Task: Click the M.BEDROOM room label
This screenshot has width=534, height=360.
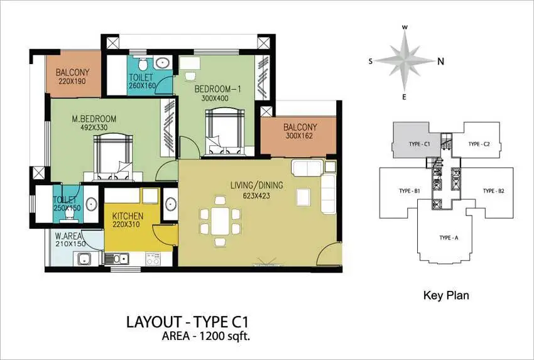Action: click(x=94, y=119)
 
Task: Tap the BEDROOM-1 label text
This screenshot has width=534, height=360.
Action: click(x=217, y=89)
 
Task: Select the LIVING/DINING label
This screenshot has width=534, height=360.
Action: click(x=257, y=185)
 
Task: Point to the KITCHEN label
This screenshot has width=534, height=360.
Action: click(x=128, y=216)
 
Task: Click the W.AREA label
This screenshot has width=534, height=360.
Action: click(x=68, y=236)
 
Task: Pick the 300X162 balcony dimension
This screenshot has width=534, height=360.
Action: click(x=300, y=136)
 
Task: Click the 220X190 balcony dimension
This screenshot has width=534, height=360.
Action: click(x=72, y=81)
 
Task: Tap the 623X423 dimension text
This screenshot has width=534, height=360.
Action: click(x=256, y=196)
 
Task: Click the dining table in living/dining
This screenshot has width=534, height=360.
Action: click(x=220, y=221)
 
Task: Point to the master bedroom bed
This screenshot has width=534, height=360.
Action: click(x=113, y=157)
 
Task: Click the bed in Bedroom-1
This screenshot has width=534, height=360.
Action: click(x=225, y=132)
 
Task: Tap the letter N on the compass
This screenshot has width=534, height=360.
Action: click(x=440, y=62)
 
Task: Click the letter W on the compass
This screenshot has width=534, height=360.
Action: click(x=405, y=27)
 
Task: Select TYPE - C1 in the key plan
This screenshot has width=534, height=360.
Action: click(x=419, y=144)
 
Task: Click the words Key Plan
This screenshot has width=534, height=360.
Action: click(x=446, y=295)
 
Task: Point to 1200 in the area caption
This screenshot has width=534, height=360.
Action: click(x=211, y=336)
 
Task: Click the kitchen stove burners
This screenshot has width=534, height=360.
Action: click(x=153, y=258)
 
